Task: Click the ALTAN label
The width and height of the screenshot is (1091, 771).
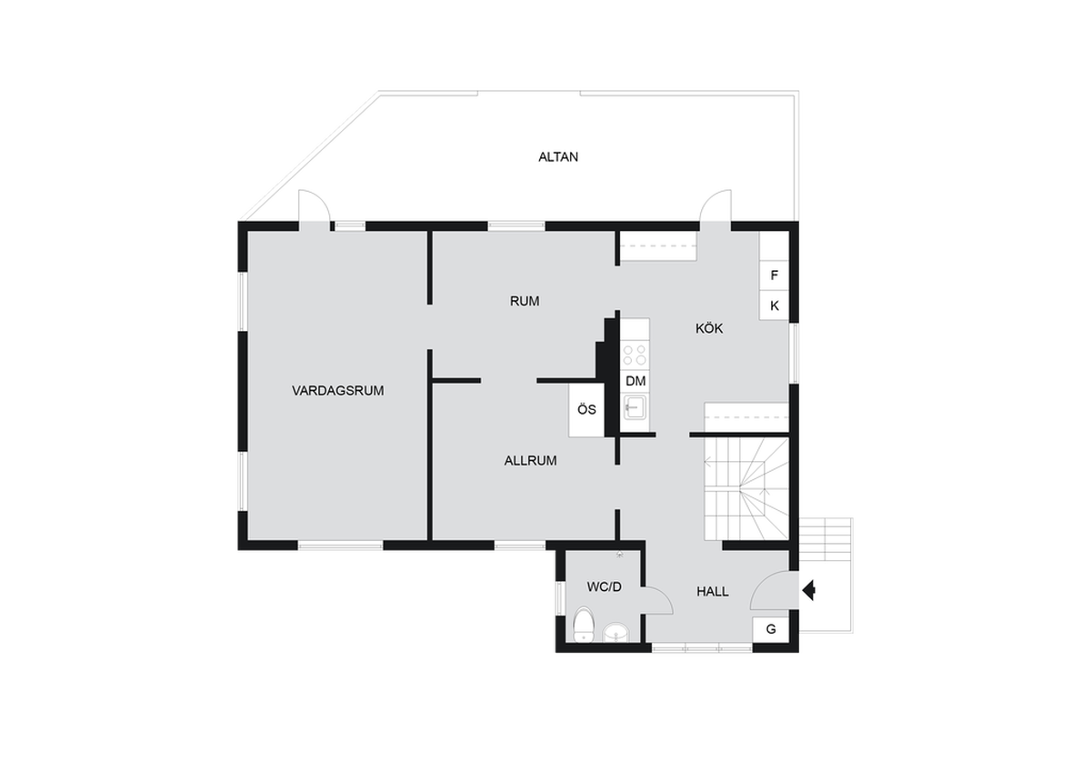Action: [558, 156]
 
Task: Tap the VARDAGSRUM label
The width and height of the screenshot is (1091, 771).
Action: [337, 391]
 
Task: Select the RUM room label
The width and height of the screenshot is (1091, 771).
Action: [525, 302]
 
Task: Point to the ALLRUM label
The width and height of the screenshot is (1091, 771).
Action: [530, 461]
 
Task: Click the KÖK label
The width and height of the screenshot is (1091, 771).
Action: [709, 328]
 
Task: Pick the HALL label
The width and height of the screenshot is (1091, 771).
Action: [713, 592]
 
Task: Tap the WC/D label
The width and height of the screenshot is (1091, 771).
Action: [605, 587]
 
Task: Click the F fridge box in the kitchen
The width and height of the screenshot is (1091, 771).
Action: [774, 275]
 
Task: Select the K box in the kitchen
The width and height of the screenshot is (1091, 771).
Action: [774, 305]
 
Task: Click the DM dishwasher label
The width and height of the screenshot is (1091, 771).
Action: [636, 381]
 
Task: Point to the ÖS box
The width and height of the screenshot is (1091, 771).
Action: [587, 410]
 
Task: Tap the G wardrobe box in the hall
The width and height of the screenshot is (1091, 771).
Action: [771, 629]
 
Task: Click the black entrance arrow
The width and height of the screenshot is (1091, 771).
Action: [809, 591]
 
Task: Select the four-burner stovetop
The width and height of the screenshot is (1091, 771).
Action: [635, 355]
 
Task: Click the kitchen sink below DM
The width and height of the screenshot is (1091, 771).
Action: [636, 407]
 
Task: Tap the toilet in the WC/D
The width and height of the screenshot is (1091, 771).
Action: [583, 625]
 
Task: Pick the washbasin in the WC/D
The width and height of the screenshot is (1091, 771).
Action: [616, 633]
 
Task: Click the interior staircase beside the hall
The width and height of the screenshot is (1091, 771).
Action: [746, 488]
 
